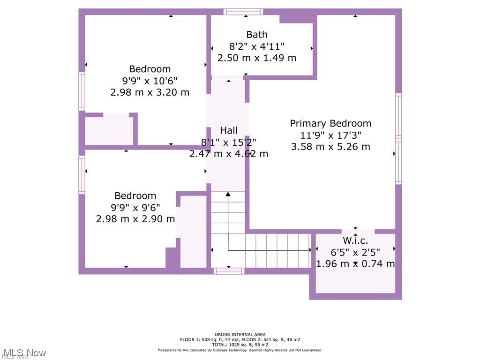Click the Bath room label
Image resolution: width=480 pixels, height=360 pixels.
pos(257,34)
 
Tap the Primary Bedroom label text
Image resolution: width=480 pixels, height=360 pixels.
pos(330,123)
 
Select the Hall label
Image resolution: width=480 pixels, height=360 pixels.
pos(229,130)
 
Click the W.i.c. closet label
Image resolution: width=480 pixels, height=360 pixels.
pos(355,240)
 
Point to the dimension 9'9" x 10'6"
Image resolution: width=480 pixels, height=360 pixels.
pos(150,81)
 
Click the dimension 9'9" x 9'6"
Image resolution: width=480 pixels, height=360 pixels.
pos(135,207)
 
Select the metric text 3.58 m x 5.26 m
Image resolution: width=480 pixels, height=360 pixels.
pos(330,147)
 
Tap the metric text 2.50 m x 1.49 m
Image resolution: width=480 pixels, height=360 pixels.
pos(257,58)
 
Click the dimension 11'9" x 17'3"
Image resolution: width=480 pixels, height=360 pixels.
pos(330,135)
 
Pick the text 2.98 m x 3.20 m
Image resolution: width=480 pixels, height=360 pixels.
pos(150,92)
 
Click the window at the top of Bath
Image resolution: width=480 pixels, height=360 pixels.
pos(243,12)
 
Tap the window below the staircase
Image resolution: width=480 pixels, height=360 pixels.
pos(229,271)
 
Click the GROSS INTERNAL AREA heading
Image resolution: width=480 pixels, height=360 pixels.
pos(240,335)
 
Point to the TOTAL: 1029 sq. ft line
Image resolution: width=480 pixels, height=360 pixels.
pos(240,345)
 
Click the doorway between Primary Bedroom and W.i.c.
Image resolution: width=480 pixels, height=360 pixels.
pos(358,231)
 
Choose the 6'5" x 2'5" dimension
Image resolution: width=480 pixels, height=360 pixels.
pos(355,252)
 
